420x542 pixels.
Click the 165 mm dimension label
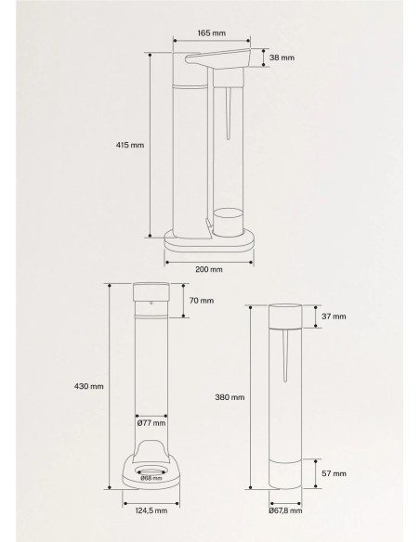click(211, 33)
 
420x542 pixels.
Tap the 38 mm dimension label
click(282, 58)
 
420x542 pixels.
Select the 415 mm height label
click(130, 145)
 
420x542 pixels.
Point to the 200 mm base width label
click(209, 269)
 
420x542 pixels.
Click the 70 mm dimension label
click(202, 301)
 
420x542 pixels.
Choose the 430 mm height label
click(89, 386)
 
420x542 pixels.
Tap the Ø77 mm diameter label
click(151, 423)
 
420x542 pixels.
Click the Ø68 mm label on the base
click(151, 478)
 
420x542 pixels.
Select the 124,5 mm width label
click(151, 510)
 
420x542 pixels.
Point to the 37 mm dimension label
click(334, 316)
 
